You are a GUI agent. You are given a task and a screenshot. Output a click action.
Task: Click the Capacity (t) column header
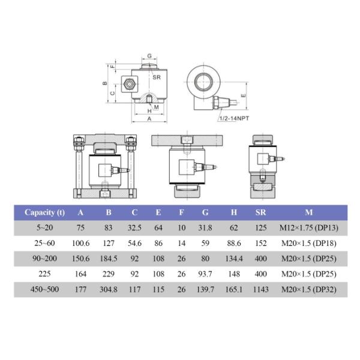coord(45,212)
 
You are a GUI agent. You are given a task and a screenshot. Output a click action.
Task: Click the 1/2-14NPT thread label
coord(233,119)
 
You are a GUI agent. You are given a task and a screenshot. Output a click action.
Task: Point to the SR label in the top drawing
coord(156,77)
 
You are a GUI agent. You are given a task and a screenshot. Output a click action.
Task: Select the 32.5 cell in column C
coord(134,228)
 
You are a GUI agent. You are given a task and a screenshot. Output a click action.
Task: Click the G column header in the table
coord(206,212)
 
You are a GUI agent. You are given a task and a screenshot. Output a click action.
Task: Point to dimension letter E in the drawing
coord(242,95)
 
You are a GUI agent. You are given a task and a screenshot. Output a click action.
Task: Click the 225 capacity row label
coord(45,275)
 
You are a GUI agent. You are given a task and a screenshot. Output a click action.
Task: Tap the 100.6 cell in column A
coord(80,244)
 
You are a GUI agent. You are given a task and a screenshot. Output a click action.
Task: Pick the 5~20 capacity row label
coord(45,228)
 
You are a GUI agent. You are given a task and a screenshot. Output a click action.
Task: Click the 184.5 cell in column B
coord(108,259)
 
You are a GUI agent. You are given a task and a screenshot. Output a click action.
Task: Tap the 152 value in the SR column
coord(261,244)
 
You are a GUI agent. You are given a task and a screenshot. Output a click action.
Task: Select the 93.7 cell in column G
coord(206,275)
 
